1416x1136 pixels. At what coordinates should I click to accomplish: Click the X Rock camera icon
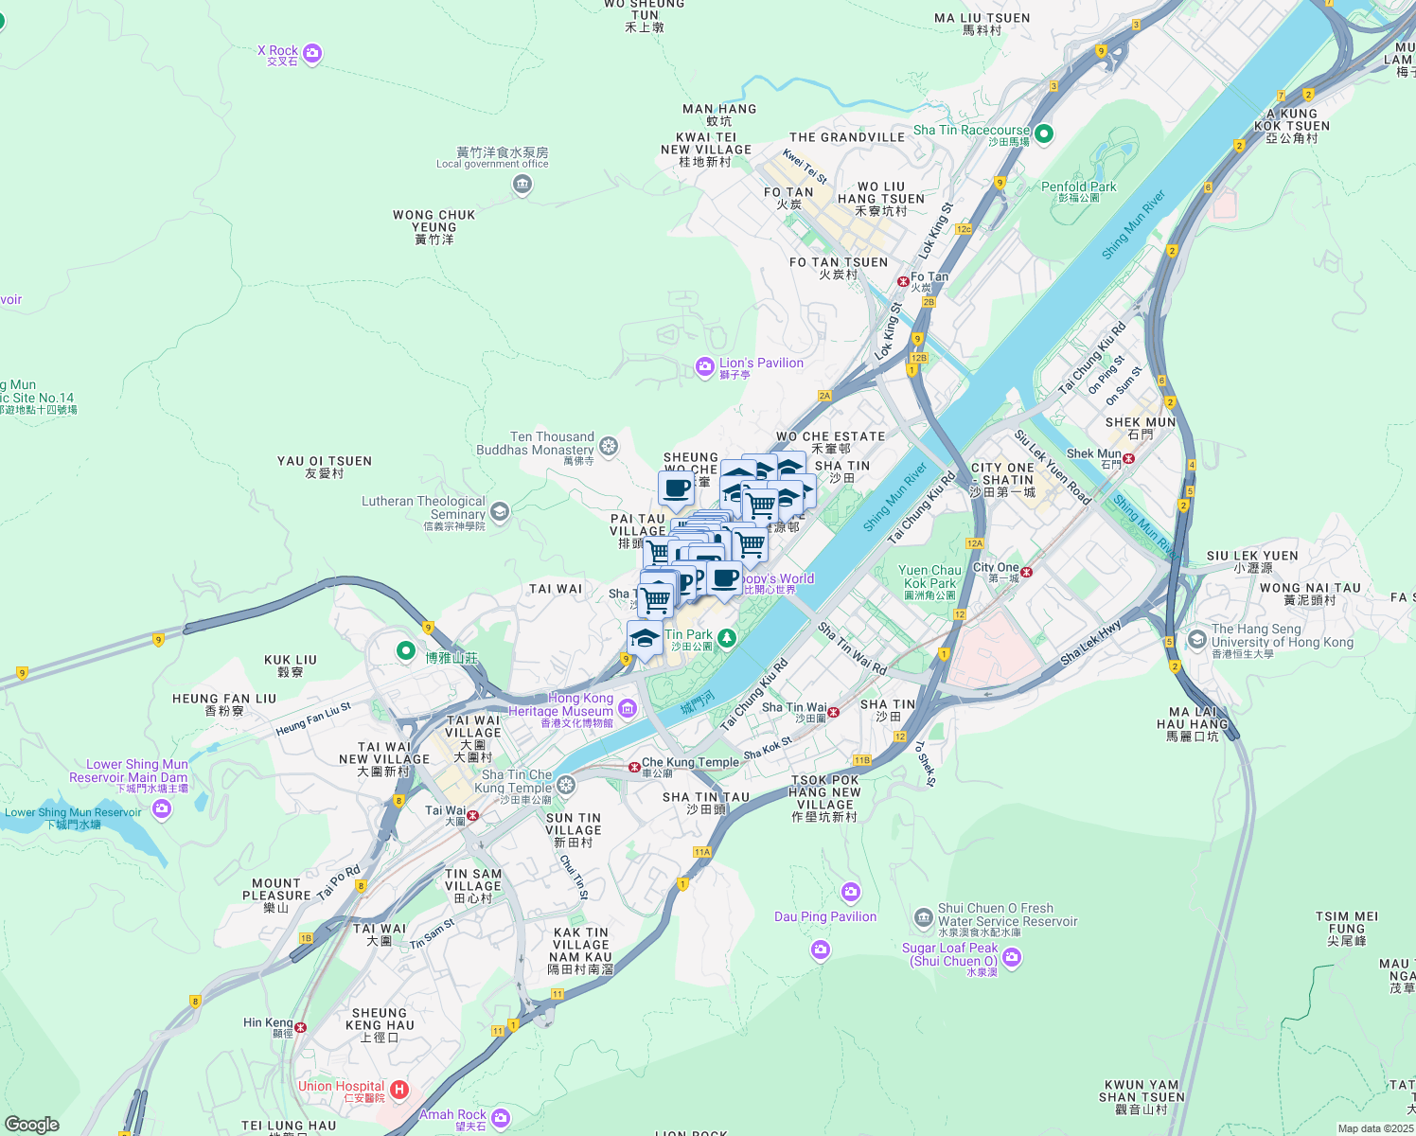point(313,53)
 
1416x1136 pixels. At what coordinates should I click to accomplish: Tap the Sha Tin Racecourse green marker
point(1044,134)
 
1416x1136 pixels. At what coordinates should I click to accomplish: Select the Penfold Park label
point(1078,187)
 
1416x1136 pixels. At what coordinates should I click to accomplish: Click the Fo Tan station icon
point(903,281)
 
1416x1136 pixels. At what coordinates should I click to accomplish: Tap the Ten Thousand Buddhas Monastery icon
point(609,445)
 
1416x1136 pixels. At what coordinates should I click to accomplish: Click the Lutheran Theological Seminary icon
point(500,512)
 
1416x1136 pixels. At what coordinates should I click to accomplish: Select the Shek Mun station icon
point(1128,458)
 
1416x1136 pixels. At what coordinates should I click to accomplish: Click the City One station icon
point(1026,572)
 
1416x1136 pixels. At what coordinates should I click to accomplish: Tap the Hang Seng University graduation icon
point(1196,639)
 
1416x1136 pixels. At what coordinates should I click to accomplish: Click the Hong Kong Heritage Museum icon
point(628,707)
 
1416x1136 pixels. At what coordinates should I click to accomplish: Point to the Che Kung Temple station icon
point(635,767)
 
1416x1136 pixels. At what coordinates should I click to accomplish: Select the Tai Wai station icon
point(473,815)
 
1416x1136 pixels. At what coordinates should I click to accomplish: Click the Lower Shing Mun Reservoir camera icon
point(161,808)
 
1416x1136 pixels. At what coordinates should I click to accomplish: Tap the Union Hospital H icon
point(399,1091)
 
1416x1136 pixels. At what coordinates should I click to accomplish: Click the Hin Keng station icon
point(300,1027)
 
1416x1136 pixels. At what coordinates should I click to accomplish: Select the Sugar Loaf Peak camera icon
point(1012,958)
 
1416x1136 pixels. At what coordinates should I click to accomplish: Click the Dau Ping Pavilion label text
point(825,916)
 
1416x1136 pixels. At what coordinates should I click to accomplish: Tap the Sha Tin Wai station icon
point(834,712)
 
